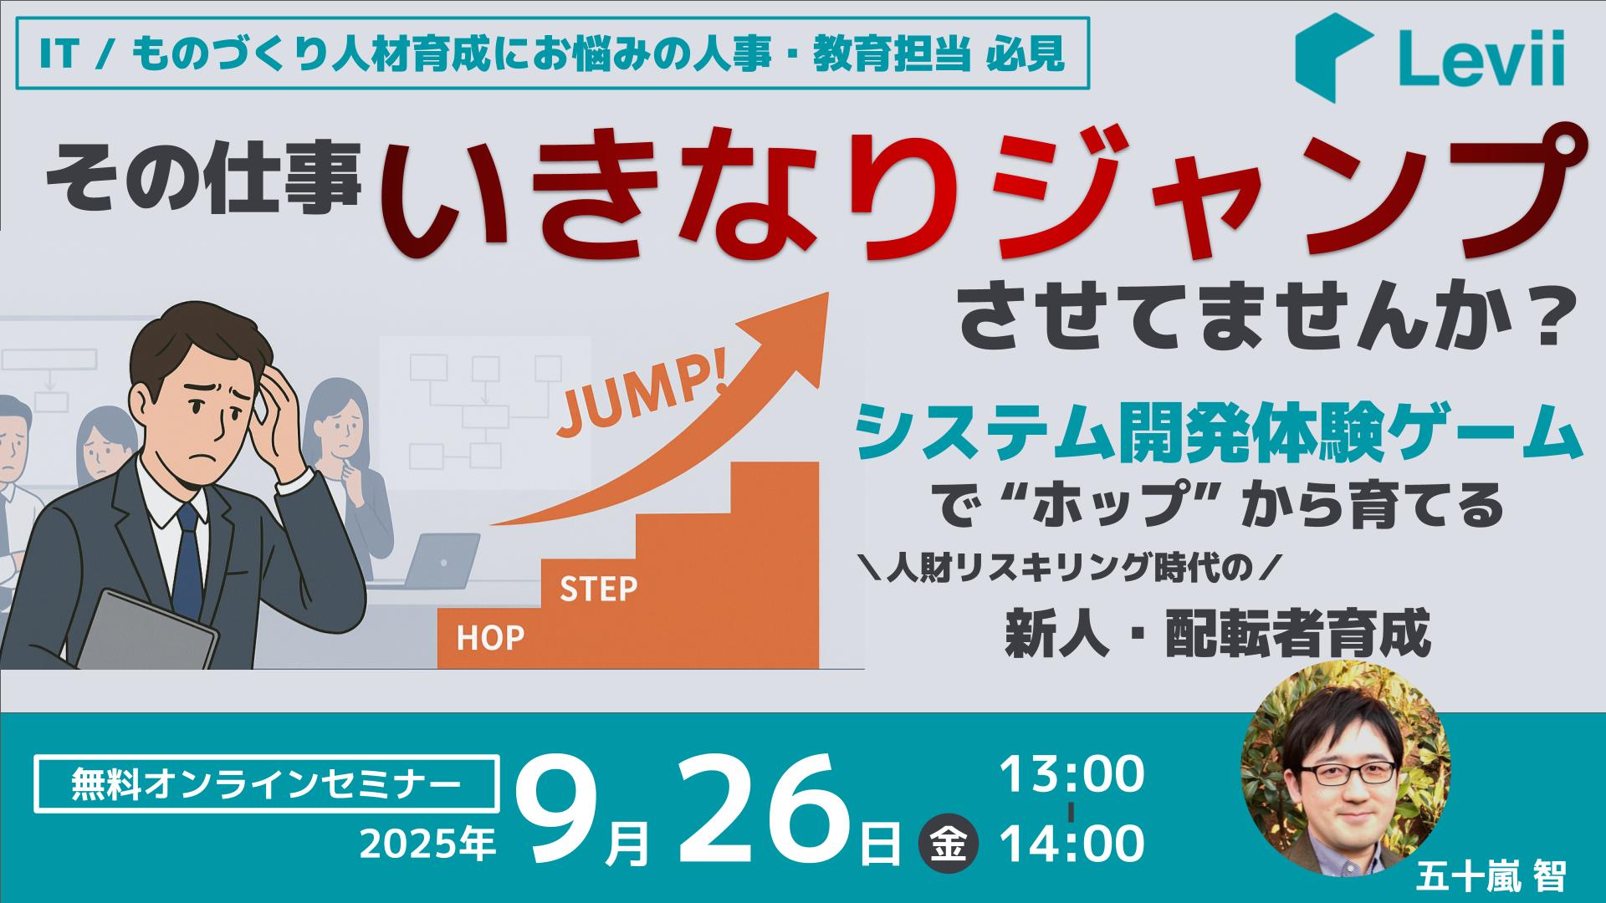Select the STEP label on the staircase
(598, 589)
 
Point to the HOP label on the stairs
(490, 639)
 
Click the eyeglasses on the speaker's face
(1341, 770)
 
